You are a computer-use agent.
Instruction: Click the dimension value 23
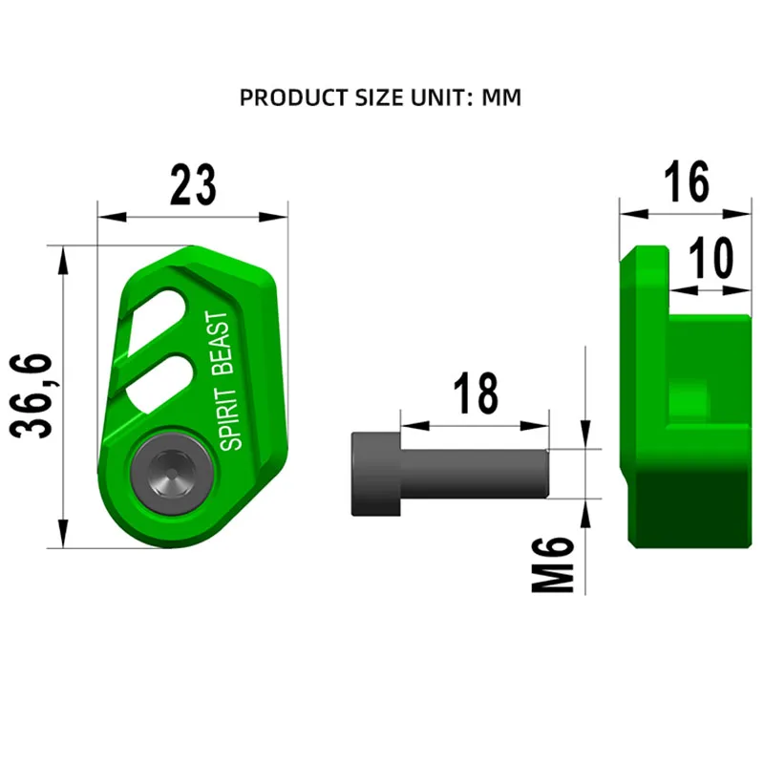193,185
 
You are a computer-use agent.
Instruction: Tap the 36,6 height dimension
32,396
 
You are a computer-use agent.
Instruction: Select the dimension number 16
687,181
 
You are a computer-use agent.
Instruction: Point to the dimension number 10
711,258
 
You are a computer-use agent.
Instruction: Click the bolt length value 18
476,393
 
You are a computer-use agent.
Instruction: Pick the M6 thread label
553,564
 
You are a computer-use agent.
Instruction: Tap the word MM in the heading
501,98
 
